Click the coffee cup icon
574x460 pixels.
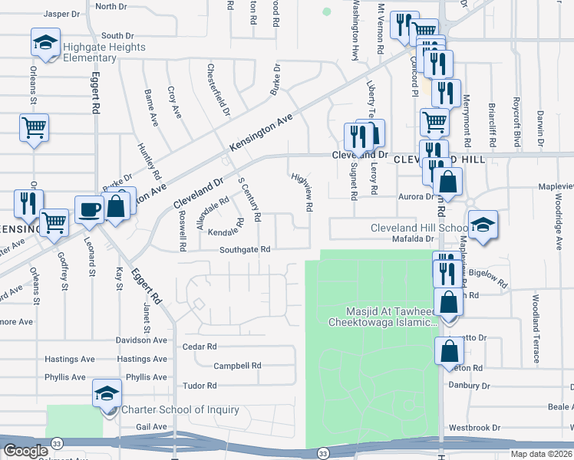click(89, 209)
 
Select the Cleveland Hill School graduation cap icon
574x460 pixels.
click(483, 224)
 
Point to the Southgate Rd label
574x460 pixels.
click(245, 249)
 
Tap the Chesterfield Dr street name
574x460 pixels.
click(218, 89)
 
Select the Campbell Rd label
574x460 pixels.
click(238, 366)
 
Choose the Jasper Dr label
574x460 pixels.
click(62, 14)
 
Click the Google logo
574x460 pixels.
click(25, 451)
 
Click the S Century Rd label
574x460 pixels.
click(250, 198)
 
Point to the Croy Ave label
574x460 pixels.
click(175, 102)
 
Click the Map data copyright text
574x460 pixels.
click(542, 454)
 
